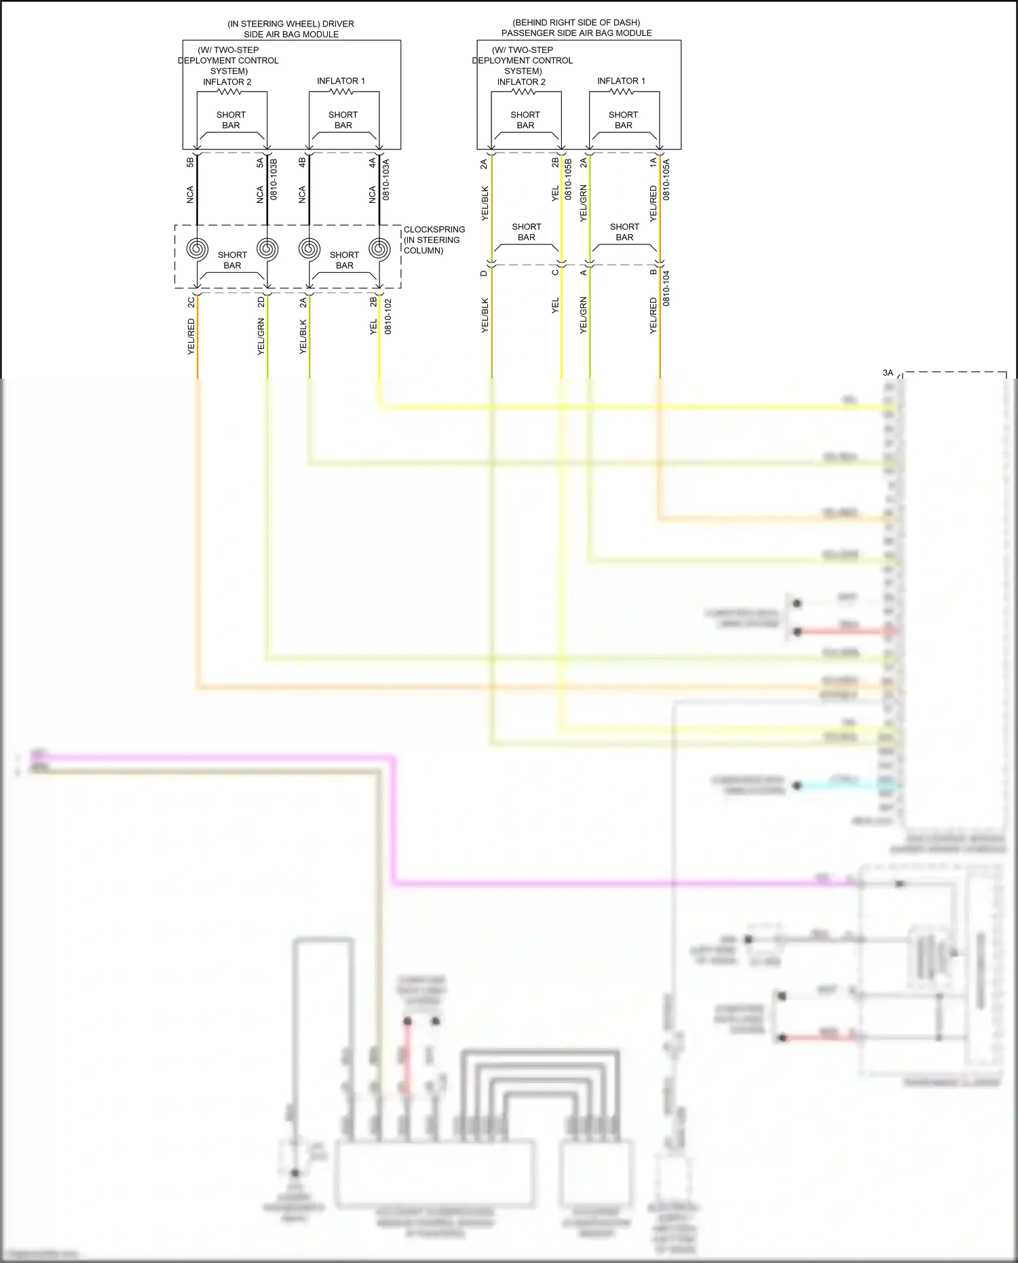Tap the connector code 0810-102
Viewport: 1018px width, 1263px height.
[x=388, y=317]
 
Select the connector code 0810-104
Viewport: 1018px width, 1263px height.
[x=666, y=288]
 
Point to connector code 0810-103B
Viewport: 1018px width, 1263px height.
[x=274, y=179]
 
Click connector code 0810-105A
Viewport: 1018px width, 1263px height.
[x=666, y=179]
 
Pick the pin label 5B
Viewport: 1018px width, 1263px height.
[x=191, y=162]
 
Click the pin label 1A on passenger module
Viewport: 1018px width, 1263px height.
[x=653, y=162]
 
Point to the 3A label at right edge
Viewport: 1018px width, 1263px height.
[x=888, y=373]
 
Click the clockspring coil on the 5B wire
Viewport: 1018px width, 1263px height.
[x=197, y=248]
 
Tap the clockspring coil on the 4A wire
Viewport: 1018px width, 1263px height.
[x=379, y=248]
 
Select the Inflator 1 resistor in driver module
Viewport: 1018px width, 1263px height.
[x=343, y=91]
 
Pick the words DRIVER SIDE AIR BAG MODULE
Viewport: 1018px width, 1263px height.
[x=291, y=29]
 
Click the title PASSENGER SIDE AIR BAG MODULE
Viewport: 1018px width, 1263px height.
[x=576, y=33]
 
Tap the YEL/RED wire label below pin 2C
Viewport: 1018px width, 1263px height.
[x=191, y=337]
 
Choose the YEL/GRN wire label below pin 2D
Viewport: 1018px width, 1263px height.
[x=261, y=337]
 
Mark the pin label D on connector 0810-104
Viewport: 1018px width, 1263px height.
[x=484, y=274]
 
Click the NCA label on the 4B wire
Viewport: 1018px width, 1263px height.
[x=302, y=195]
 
